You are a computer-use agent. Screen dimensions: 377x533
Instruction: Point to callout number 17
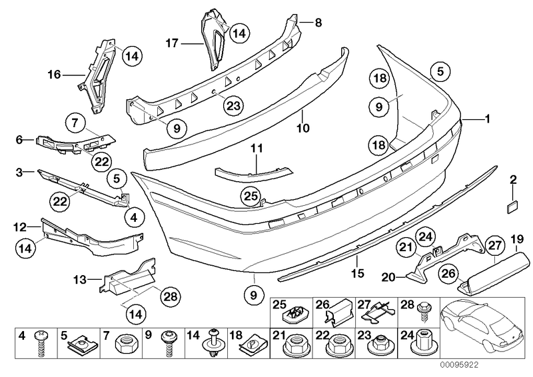coord(172,44)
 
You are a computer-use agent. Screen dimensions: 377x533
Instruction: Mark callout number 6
coord(20,140)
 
